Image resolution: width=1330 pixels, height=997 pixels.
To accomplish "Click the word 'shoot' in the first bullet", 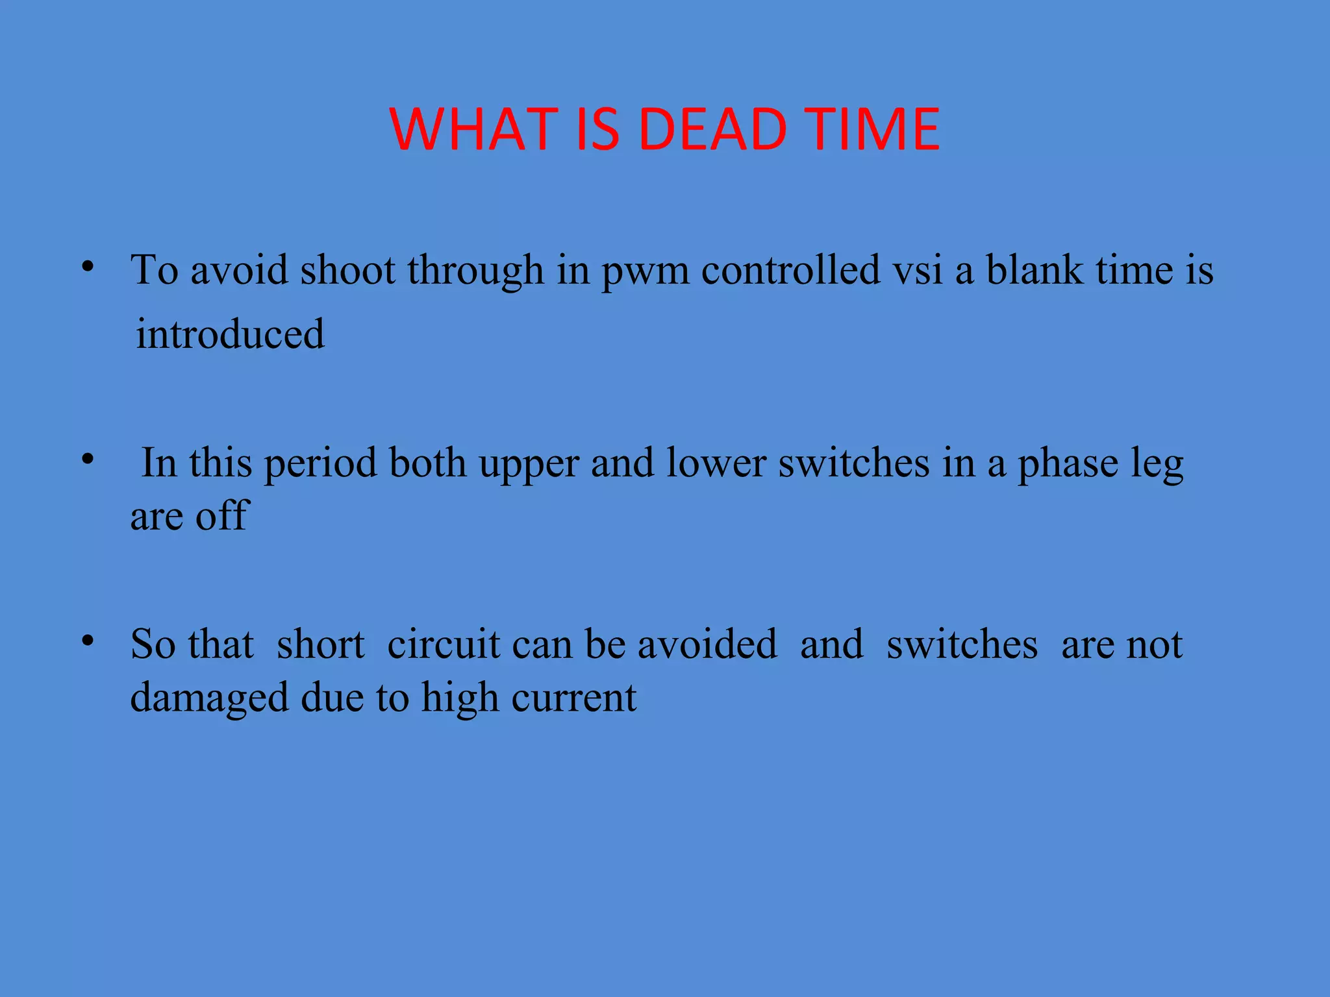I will point(347,269).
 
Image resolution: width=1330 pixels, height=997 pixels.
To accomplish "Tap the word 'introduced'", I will point(230,334).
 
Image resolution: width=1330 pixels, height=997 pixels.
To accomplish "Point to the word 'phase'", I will point(1068,463).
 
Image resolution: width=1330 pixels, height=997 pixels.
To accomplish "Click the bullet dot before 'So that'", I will point(88,641).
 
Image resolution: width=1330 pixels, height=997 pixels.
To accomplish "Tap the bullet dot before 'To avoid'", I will point(88,267).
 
